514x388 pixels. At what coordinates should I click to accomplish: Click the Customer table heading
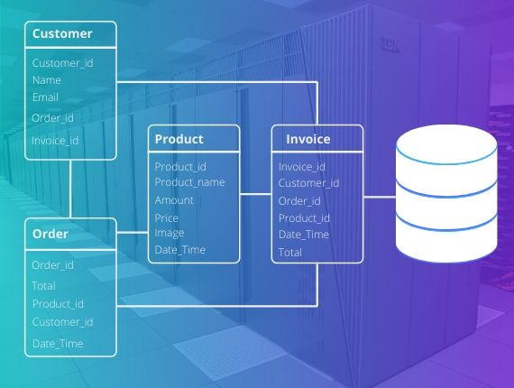click(62, 33)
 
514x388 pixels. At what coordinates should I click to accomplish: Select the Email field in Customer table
click(45, 97)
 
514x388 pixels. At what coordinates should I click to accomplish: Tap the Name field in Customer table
click(47, 80)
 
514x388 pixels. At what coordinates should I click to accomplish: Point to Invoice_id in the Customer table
click(55, 141)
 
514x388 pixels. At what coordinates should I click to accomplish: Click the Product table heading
click(179, 139)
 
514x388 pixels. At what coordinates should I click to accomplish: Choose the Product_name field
click(189, 182)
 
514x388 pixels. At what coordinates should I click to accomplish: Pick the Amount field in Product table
click(174, 200)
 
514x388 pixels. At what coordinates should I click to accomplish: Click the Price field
click(167, 218)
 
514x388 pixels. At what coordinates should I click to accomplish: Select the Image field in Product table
click(170, 233)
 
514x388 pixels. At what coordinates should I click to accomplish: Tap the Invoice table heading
click(308, 139)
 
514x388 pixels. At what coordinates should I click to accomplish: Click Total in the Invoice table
click(290, 253)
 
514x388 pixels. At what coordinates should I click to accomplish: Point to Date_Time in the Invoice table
click(304, 235)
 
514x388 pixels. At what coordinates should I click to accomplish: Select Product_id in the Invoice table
click(304, 218)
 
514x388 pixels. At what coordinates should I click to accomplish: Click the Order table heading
click(50, 234)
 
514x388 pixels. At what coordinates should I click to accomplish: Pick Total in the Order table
click(43, 286)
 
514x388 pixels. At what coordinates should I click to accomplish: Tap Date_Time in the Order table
click(58, 344)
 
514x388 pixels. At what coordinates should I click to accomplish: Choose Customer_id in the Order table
click(62, 322)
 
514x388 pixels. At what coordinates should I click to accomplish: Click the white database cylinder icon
click(446, 193)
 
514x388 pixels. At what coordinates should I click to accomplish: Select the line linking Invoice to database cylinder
click(380, 197)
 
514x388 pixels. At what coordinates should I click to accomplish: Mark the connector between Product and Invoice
click(256, 194)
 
